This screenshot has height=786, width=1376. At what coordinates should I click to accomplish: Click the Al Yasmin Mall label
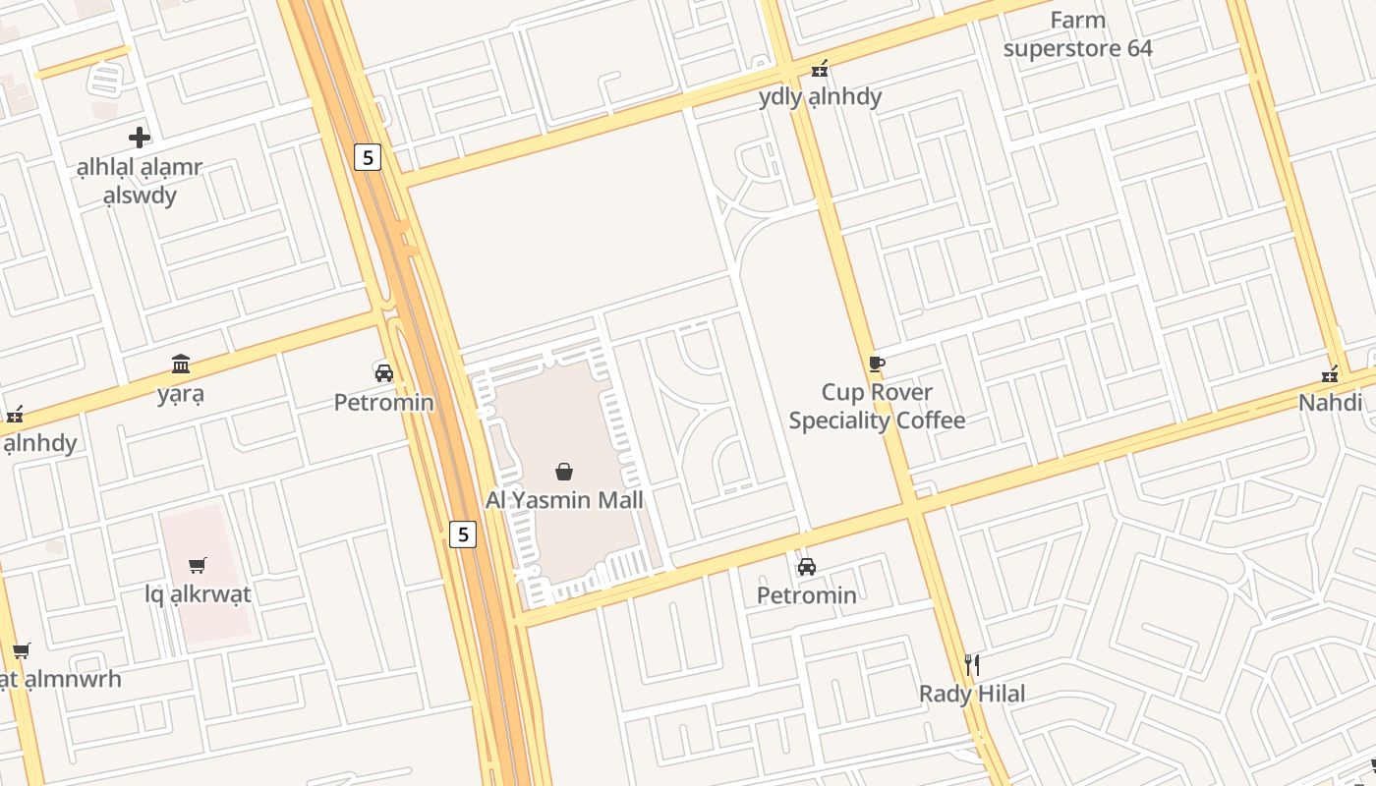click(564, 500)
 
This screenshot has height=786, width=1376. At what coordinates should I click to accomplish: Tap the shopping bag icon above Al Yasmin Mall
click(564, 473)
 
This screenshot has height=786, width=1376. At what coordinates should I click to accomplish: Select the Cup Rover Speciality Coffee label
click(877, 407)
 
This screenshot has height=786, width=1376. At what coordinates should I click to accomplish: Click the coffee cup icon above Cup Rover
click(877, 365)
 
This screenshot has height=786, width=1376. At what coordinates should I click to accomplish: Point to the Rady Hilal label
click(972, 694)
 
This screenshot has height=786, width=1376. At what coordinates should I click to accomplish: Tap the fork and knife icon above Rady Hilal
click(972, 665)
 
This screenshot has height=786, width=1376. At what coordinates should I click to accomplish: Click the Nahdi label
click(1330, 403)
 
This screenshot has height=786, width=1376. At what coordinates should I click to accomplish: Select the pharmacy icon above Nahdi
click(1330, 374)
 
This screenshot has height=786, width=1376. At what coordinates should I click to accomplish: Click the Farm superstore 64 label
click(1078, 34)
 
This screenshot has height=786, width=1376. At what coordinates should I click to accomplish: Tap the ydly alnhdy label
click(821, 97)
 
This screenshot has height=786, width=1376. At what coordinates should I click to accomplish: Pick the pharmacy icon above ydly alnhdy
click(820, 69)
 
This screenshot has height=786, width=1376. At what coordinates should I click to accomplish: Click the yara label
click(181, 395)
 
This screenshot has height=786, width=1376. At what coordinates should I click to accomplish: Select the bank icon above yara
click(181, 365)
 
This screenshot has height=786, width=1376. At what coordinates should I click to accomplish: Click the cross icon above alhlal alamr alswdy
click(140, 138)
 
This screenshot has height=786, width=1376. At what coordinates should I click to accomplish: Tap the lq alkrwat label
click(198, 594)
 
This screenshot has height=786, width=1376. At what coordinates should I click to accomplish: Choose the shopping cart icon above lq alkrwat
click(198, 566)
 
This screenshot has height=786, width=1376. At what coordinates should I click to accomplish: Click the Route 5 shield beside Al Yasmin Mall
click(463, 534)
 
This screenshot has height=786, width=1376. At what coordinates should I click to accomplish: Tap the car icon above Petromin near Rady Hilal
click(807, 567)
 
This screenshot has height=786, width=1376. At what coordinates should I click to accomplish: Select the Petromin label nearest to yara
click(383, 403)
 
